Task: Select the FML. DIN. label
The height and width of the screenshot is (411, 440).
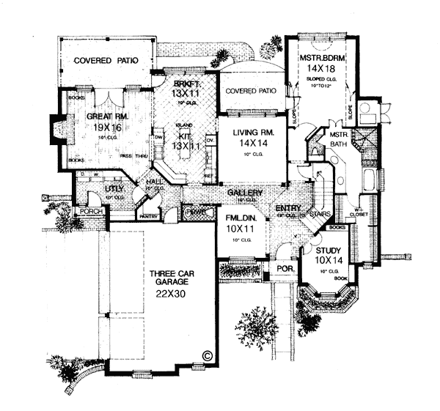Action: point(237,218)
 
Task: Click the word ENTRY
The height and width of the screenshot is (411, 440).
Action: point(286,209)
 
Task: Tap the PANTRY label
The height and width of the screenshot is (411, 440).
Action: point(150,216)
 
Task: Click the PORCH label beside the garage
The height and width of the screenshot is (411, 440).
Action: point(91,212)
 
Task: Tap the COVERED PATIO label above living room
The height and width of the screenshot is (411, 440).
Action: point(251,92)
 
